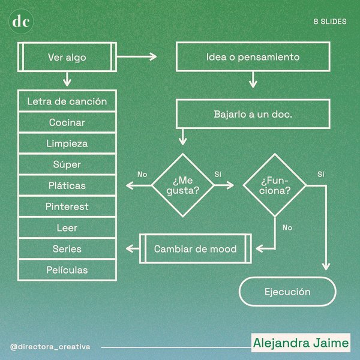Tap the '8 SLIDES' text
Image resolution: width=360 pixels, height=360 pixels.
point(330,21)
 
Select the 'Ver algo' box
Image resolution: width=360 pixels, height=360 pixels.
point(67,58)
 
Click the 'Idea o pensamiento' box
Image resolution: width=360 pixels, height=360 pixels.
point(253,58)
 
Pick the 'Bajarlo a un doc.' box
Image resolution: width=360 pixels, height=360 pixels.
point(253,114)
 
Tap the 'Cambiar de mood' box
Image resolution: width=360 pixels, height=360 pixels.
point(196,249)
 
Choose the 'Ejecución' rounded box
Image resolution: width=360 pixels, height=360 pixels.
point(287,292)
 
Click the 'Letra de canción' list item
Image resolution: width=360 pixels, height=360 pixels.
point(67,101)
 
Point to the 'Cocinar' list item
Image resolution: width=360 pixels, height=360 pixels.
point(67,122)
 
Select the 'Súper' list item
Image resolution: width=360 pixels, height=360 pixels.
point(67,164)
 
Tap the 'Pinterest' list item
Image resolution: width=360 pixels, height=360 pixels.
point(67,206)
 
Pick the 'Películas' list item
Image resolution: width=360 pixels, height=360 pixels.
point(67,270)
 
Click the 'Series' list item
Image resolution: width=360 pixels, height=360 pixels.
point(67,249)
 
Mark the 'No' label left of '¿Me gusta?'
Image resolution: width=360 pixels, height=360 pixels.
point(142,175)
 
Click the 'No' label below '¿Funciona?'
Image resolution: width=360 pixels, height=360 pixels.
point(287,228)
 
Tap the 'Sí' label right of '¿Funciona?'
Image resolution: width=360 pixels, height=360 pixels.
point(320,175)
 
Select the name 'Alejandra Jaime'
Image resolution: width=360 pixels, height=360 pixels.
point(301,344)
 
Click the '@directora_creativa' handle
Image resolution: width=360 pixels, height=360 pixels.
point(50,347)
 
